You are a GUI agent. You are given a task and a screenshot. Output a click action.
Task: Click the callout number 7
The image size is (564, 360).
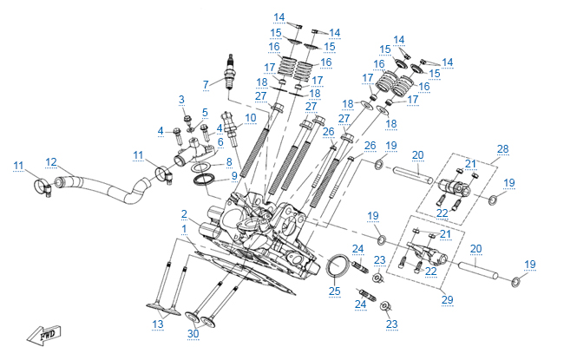(206, 84)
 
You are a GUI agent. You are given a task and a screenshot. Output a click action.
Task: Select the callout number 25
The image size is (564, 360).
(334, 291)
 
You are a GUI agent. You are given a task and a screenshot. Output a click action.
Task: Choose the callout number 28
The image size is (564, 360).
(502, 148)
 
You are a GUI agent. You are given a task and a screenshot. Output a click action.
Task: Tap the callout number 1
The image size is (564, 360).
(184, 228)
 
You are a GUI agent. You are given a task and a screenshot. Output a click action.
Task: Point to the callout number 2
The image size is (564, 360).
(184, 213)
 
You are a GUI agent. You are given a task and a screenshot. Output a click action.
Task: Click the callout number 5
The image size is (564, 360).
(206, 113)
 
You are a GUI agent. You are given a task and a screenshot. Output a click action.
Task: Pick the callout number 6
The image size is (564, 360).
(220, 141)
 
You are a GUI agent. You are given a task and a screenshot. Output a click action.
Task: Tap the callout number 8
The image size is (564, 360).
(229, 161)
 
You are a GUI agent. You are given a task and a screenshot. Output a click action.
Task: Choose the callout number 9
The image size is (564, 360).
(233, 176)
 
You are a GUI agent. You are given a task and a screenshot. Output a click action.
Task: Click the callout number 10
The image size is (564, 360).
(250, 117)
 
